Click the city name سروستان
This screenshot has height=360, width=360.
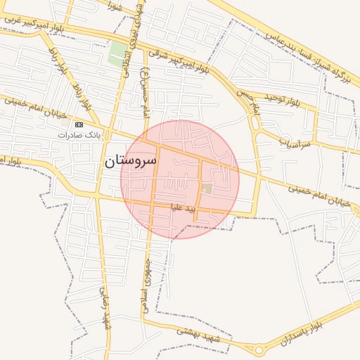[x=130, y=160]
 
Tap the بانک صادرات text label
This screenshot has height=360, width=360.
[x=79, y=134]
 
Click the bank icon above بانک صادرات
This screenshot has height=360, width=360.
[x=79, y=124]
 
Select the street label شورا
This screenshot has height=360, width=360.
[x=115, y=6]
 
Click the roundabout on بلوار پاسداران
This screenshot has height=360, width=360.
[x=259, y=349]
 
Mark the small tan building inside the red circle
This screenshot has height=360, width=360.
[x=207, y=188]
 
